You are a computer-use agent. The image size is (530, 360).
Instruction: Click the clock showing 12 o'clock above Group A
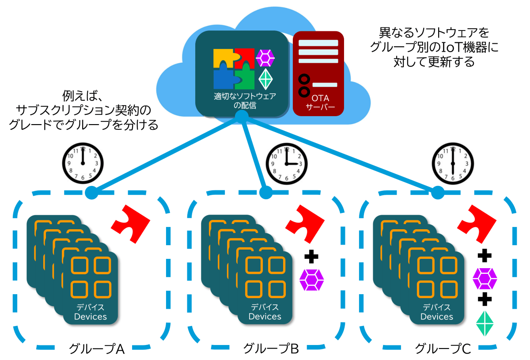coord(82,163)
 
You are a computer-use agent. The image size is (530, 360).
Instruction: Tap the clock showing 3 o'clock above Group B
coord(286,163)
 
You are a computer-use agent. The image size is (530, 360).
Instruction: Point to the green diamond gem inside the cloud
coord(265,79)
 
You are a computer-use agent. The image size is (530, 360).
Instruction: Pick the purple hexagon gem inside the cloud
coord(265,57)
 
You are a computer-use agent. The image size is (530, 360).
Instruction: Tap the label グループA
coord(97,349)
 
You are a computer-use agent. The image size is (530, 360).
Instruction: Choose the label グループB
coord(271,349)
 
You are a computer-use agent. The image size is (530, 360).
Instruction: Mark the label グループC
coord(443,349)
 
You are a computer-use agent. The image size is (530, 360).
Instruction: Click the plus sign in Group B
coord(311,257)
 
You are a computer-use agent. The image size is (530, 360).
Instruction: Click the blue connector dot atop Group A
coord(92,193)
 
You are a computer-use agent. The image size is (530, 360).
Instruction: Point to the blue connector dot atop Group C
coord(438,193)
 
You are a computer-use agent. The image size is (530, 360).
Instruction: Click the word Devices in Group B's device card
coord(265,316)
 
